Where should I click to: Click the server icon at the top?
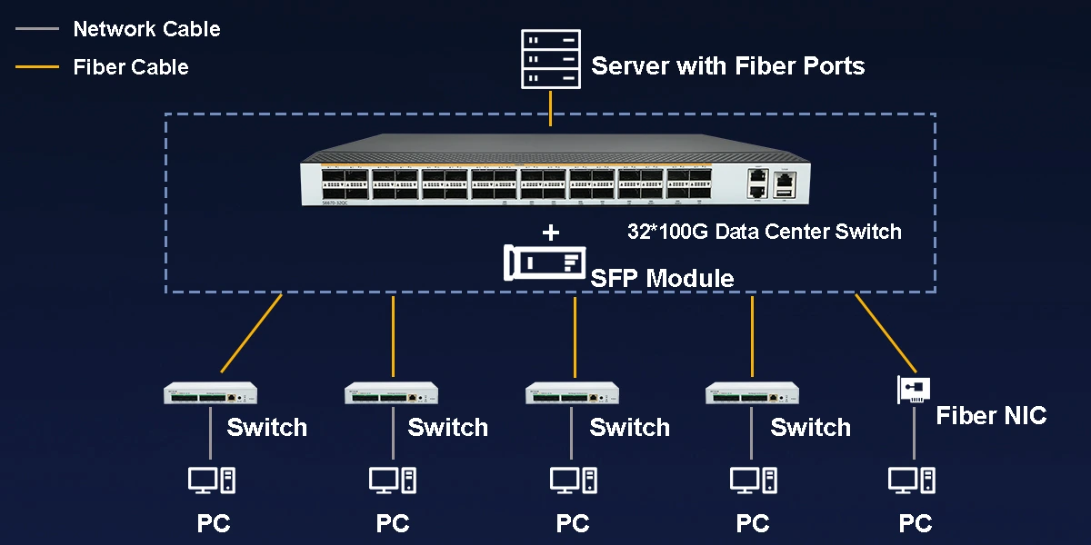550,59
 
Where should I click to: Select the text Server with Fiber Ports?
727,66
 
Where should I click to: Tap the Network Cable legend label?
146,29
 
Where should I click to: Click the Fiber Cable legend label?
131,67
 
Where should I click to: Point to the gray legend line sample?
37,29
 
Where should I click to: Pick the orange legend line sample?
37,67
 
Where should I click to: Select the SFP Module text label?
662,278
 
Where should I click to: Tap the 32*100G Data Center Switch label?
764,232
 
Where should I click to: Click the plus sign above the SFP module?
550,233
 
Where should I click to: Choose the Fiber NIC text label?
991,416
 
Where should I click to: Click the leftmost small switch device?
210,393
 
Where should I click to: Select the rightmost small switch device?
753,393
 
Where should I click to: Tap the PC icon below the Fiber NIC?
912,480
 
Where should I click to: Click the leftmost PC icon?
212,480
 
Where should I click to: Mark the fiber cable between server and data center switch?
550,108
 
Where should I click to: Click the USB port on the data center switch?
783,191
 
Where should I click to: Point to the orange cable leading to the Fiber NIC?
884,332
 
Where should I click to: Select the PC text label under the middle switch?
573,524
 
